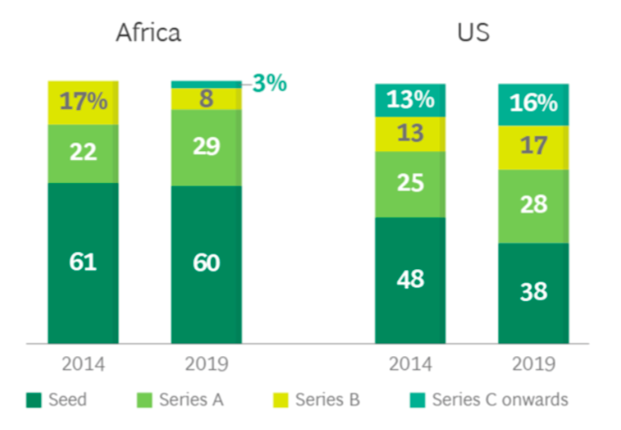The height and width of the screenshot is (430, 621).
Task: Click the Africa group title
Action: tap(148, 33)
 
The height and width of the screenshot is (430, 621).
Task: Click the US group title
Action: tap(473, 33)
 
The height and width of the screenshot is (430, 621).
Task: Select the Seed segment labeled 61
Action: tap(83, 263)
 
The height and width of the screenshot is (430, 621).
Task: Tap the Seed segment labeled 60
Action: tap(206, 264)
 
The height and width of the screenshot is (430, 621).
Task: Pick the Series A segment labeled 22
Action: tap(83, 153)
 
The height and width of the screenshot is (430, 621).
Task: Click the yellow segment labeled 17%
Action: tap(83, 103)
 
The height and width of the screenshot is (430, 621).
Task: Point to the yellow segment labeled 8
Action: tap(206, 98)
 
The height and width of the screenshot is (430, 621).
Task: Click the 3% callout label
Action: tap(269, 83)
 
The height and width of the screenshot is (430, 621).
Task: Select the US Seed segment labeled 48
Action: tap(410, 279)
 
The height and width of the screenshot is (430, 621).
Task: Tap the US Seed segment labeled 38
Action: tap(533, 292)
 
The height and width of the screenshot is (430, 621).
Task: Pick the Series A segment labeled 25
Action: tap(410, 184)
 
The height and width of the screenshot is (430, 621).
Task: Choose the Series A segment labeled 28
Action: tap(533, 206)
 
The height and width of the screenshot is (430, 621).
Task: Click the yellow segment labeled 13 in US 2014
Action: tap(410, 134)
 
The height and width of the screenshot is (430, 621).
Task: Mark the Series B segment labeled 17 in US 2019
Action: tap(533, 148)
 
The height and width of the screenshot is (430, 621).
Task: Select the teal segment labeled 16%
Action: tap(533, 104)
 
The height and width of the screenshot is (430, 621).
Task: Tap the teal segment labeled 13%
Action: tap(410, 100)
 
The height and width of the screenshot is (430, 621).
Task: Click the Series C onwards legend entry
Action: tap(489, 400)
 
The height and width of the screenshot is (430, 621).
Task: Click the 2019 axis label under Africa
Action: tap(206, 364)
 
